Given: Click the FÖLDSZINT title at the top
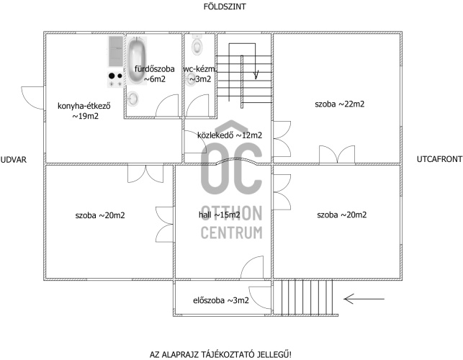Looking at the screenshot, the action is point(225,6).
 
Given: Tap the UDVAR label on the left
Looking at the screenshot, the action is point(14,160).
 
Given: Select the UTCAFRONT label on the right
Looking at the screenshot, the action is point(439,159).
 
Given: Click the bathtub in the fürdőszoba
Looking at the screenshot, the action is point(136,60).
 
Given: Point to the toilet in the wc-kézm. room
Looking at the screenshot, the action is point(197,45).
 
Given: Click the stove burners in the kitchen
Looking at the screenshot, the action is point(115,80).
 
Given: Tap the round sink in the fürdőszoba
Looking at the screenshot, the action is point(133,99).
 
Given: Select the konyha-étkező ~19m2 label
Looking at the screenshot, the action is point(84,111).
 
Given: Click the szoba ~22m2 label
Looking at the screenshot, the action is point(340,104).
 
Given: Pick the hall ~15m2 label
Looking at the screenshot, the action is point(220,215).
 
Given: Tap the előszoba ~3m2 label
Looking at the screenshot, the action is point(221,300).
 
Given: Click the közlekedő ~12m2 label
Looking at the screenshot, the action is point(230,135).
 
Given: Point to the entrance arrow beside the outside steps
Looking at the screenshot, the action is point(364,299).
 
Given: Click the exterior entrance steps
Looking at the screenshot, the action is point(305,297).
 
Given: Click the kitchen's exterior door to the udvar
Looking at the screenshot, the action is point(32,98).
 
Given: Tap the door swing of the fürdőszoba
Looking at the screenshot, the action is point(167,105).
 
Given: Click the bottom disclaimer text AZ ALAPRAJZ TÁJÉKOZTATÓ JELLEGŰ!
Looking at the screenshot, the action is point(220,354).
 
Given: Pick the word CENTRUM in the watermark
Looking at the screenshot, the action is point(232,233).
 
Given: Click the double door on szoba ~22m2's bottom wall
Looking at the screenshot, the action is point(337,154).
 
